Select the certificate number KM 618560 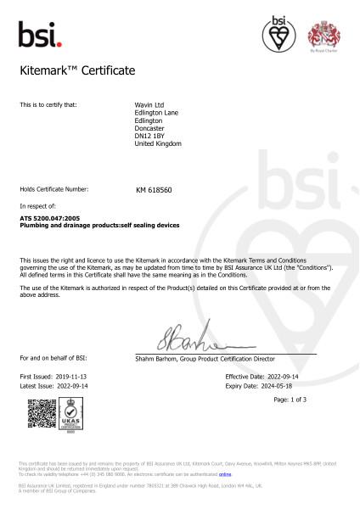154,191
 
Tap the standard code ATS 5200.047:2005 50,219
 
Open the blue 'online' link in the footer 225,475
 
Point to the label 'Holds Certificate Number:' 53,189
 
